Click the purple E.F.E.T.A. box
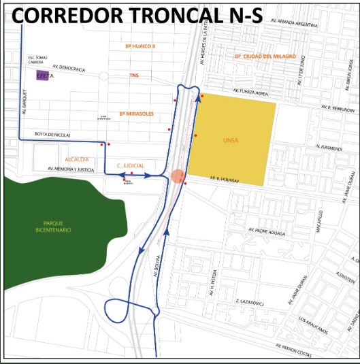pos(43,77)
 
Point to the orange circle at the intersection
pos(178,176)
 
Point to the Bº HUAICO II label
pos(141,46)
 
